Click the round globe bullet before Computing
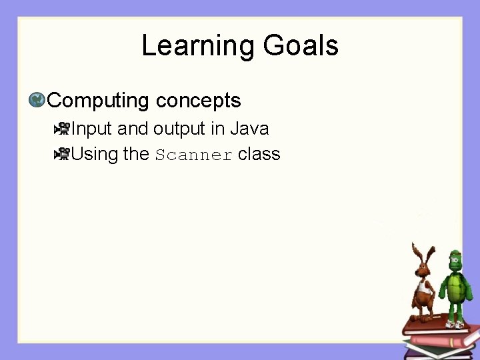coord(37,101)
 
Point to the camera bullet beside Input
coord(62,128)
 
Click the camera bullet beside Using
coord(62,154)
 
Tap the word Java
coord(249,128)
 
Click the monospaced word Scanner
coord(194,155)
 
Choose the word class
coord(259,154)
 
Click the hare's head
coord(423,268)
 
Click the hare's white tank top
coord(421,288)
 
